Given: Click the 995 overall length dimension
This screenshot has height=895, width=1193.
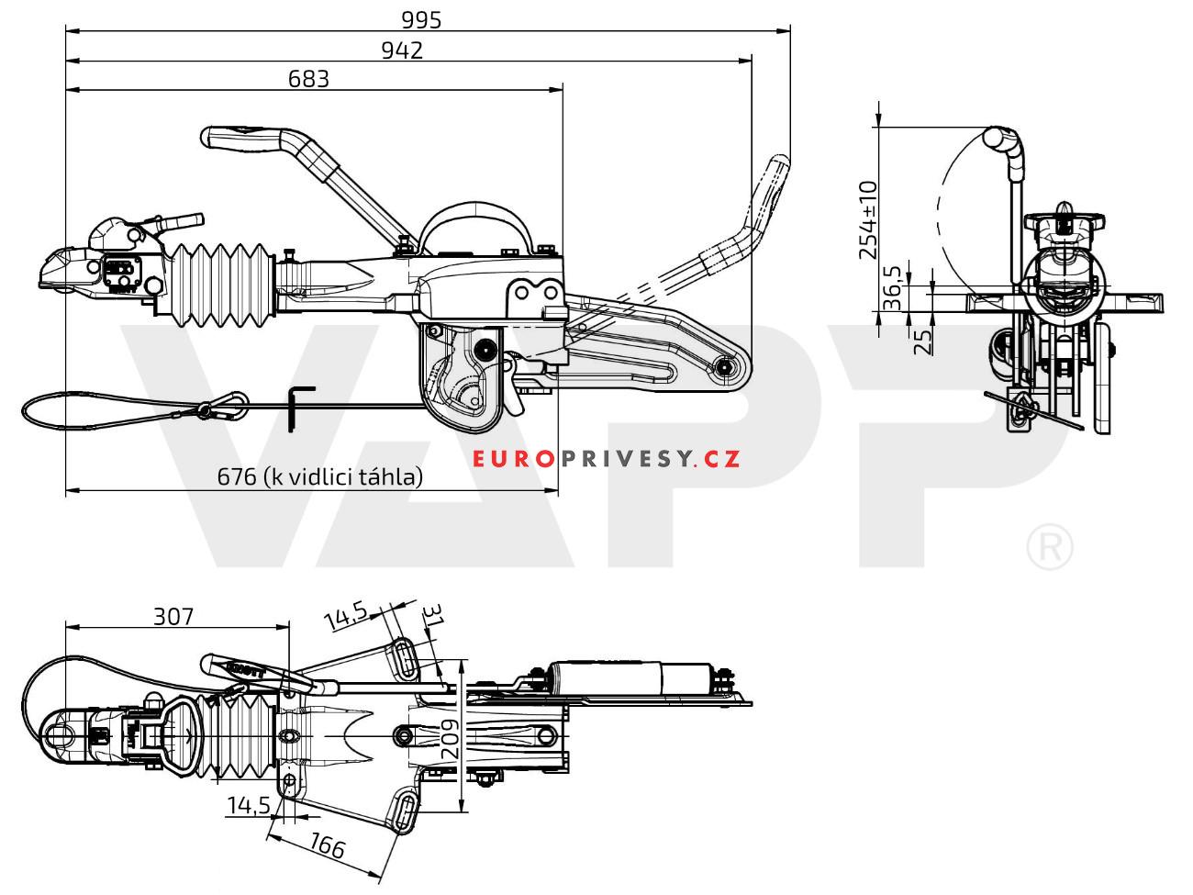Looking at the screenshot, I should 421,19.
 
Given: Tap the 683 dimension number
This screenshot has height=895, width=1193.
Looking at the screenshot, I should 308,79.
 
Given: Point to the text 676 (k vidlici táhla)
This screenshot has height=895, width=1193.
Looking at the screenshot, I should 319,476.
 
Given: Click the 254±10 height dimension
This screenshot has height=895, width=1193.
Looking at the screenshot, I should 866,220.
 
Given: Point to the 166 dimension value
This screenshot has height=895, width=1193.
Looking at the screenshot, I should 328,846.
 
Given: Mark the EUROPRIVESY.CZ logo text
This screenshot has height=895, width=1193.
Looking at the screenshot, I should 607,459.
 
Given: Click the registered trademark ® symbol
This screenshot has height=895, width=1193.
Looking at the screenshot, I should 1047,548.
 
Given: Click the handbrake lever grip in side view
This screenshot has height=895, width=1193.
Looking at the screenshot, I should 240,139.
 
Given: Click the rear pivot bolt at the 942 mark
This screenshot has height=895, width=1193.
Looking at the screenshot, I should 725,368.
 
